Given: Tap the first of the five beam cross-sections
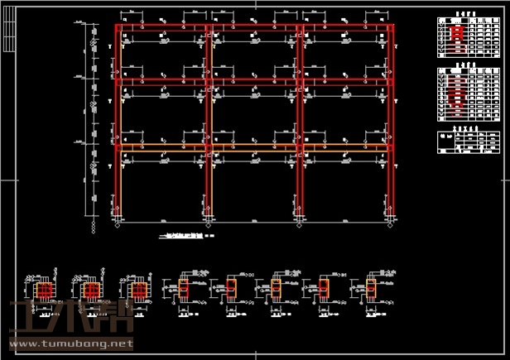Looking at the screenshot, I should click(x=184, y=289).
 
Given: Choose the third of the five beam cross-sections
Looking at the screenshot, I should click(x=276, y=289).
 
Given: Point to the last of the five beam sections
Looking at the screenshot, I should click(x=369, y=289).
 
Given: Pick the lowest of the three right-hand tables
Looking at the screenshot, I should click(x=469, y=142).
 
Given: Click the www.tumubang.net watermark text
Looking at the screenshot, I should click(x=70, y=342).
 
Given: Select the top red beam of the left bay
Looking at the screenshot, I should click(x=162, y=28).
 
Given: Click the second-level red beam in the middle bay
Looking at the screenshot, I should click(x=253, y=81).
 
